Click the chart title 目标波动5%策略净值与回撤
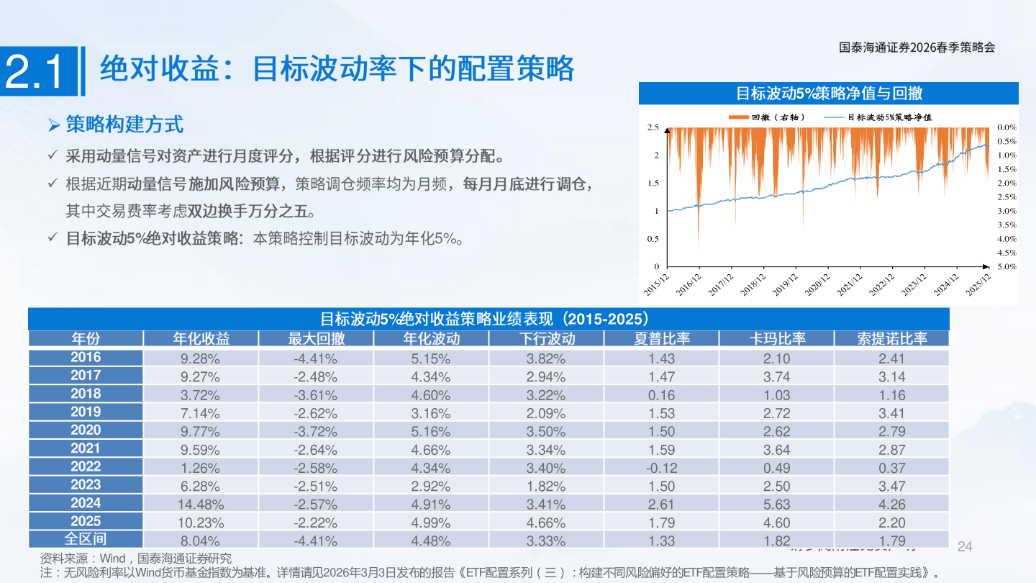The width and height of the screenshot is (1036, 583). click(829, 93)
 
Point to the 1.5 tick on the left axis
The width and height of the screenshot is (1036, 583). click(653, 183)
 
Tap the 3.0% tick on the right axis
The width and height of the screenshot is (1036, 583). click(1007, 211)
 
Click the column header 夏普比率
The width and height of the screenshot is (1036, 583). click(661, 338)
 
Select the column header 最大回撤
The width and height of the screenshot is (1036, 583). click(316, 338)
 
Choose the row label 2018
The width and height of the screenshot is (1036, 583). click(86, 394)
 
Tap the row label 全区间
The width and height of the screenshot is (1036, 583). click(86, 539)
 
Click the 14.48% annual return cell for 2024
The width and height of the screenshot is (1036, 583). click(201, 505)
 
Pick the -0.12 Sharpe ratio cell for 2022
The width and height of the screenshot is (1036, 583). click(661, 468)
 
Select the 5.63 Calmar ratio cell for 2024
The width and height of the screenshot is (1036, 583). click(776, 505)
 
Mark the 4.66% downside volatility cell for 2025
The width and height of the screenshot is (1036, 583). click(546, 523)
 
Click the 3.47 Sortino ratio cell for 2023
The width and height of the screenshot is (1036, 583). click(891, 486)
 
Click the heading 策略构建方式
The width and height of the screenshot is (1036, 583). click(124, 125)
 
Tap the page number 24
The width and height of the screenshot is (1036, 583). click(965, 546)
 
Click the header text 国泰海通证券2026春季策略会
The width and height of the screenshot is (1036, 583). click(917, 48)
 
